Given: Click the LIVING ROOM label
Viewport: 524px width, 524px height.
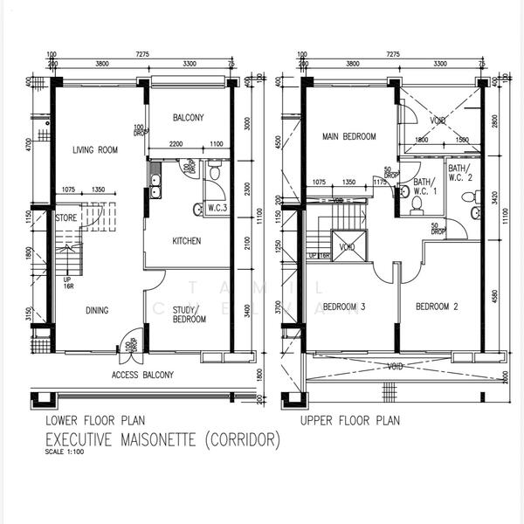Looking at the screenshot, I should tap(95, 150).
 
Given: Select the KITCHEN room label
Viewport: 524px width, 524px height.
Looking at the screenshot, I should tap(186, 241).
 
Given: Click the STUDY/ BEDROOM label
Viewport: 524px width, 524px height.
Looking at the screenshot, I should tap(188, 314).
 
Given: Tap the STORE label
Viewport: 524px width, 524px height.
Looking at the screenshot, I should tap(66, 218).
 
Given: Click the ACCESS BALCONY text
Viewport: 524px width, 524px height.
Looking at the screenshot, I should tap(143, 376).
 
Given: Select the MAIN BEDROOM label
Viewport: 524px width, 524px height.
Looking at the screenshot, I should tap(348, 137).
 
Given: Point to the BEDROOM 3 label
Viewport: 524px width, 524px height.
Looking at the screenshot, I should tap(343, 307).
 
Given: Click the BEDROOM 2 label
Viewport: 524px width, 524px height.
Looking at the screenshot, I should tap(436, 307).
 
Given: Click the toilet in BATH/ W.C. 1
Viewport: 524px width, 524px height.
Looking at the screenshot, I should tap(417, 203).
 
